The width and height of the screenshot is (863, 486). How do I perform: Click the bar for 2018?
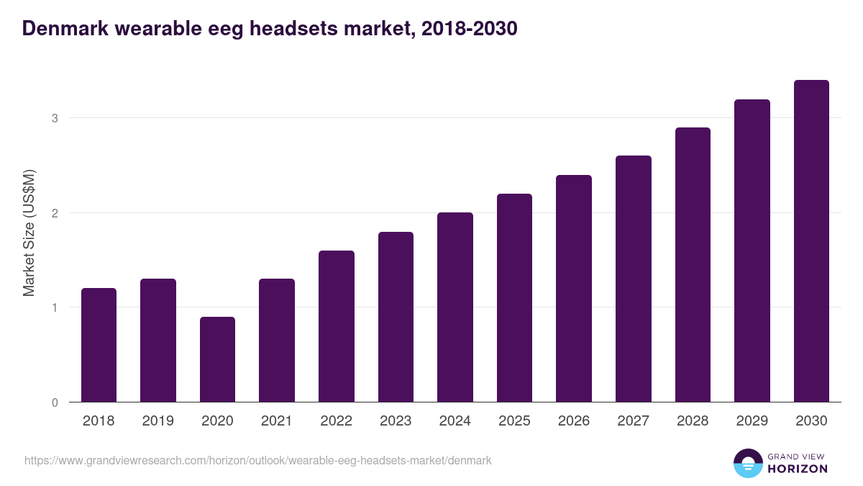click(x=99, y=345)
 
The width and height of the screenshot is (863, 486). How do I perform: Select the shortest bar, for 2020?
click(x=217, y=359)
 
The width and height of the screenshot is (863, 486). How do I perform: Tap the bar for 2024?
click(x=455, y=307)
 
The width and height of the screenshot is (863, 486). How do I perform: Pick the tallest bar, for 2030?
click(x=811, y=241)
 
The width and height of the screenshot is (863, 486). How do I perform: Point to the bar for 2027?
click(x=634, y=279)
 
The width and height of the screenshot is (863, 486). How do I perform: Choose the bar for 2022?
click(x=337, y=326)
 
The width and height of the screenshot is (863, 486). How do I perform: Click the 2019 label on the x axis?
click(x=157, y=421)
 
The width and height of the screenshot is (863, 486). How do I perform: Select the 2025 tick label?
click(x=514, y=421)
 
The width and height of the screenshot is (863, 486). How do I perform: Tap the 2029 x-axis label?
click(x=752, y=421)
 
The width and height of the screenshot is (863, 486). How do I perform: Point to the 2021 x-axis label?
click(x=277, y=421)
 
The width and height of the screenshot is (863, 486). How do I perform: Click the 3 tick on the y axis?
click(x=54, y=118)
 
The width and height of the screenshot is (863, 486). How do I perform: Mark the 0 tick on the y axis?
click(x=54, y=402)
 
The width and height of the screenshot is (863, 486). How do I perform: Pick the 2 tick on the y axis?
click(x=54, y=213)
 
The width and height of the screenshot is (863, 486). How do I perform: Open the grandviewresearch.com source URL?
click(x=258, y=460)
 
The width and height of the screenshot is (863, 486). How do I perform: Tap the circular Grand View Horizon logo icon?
click(x=747, y=463)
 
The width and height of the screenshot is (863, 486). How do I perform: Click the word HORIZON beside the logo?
click(x=798, y=469)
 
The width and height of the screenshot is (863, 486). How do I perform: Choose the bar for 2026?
click(x=574, y=288)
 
